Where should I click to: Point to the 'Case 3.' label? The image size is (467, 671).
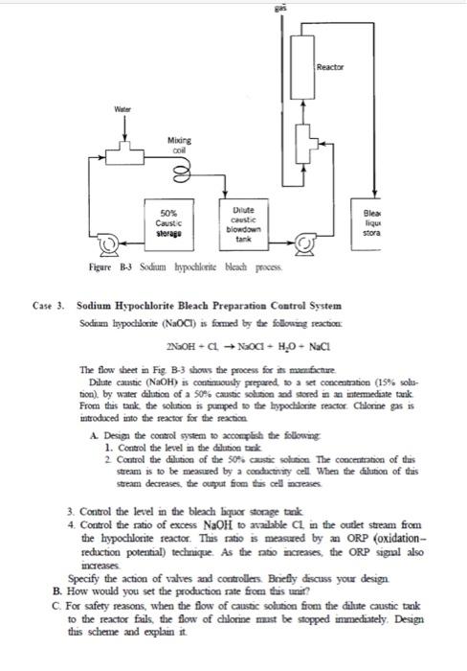(x=49, y=306)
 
